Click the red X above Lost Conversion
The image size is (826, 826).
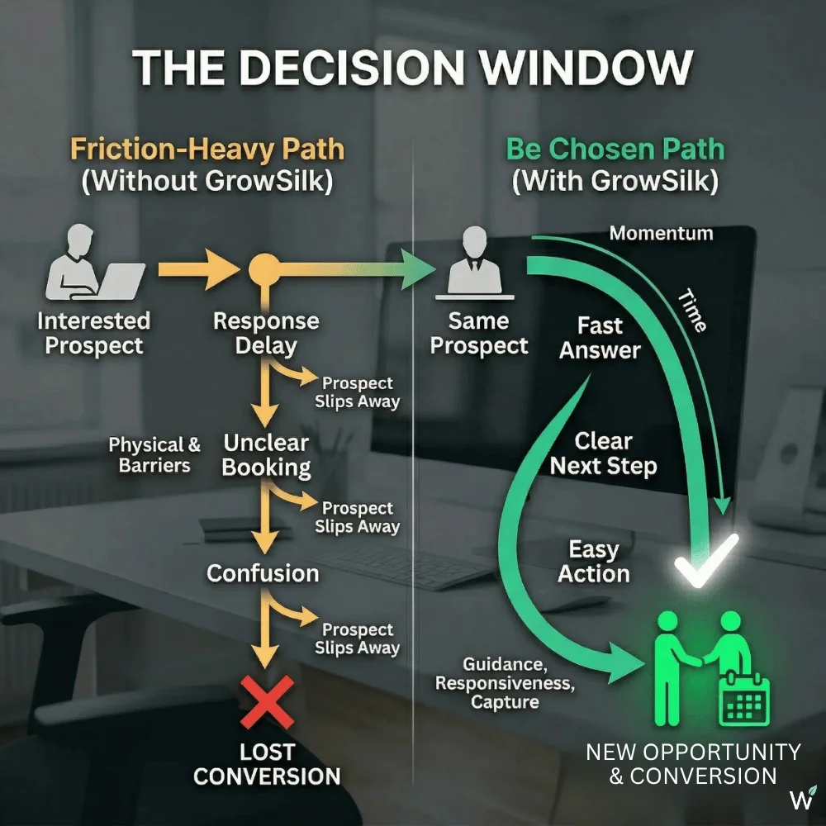[x=266, y=702]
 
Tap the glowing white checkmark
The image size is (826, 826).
[x=706, y=560]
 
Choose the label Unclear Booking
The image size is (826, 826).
[x=266, y=454]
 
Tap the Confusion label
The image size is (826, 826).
[x=263, y=573]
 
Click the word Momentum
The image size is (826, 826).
[x=661, y=233]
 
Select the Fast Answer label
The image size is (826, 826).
[x=601, y=337]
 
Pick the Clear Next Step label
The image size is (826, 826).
[x=604, y=453]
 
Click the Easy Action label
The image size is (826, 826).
[x=594, y=562]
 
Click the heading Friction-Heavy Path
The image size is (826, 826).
[x=206, y=150]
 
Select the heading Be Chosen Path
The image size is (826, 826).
[x=615, y=150]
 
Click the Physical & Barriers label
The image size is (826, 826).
[x=154, y=455]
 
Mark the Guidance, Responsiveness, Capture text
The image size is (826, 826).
[x=504, y=683]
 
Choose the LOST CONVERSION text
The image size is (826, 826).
[x=267, y=764]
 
